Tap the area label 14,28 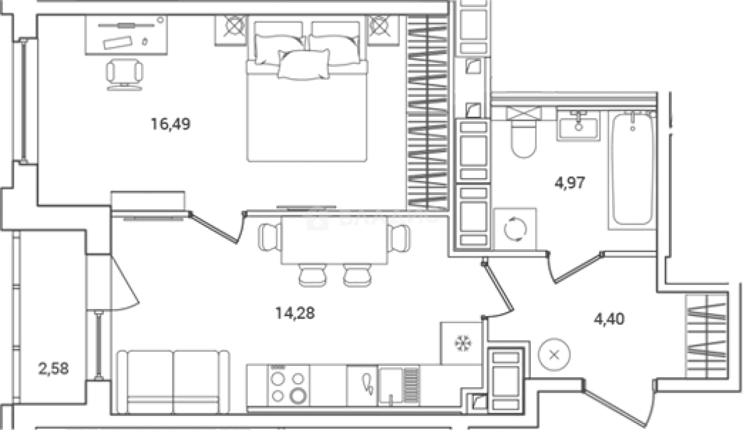[x=294, y=313]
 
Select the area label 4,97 [x=569, y=183]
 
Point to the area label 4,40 [x=609, y=319]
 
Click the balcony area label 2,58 [x=53, y=369]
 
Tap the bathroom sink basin [x=578, y=126]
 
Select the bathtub [x=632, y=169]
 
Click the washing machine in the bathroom [x=514, y=228]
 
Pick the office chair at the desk [x=124, y=73]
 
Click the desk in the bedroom [x=126, y=35]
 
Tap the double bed [x=307, y=95]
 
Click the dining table [x=334, y=240]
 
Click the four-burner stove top [x=289, y=384]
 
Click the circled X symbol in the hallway [x=554, y=355]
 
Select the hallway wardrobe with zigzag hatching [x=705, y=335]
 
